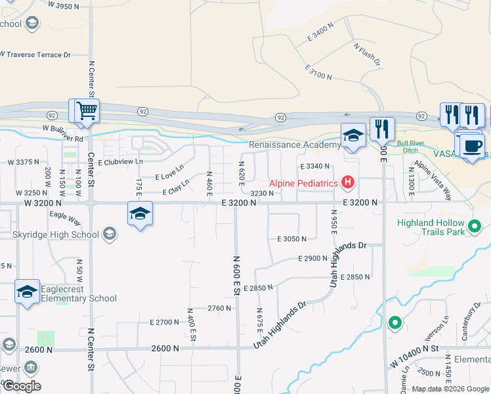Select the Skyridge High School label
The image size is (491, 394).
[57, 234]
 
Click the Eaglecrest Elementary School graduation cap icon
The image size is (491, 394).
[27, 292]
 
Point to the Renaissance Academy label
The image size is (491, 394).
[295, 144]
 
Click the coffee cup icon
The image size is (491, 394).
[471, 145]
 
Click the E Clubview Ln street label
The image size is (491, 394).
[120, 162]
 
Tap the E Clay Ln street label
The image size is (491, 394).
[176, 190]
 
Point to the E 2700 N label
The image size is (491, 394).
[164, 322]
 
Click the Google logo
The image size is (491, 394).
[22, 386]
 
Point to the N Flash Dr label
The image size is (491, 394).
[366, 55]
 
